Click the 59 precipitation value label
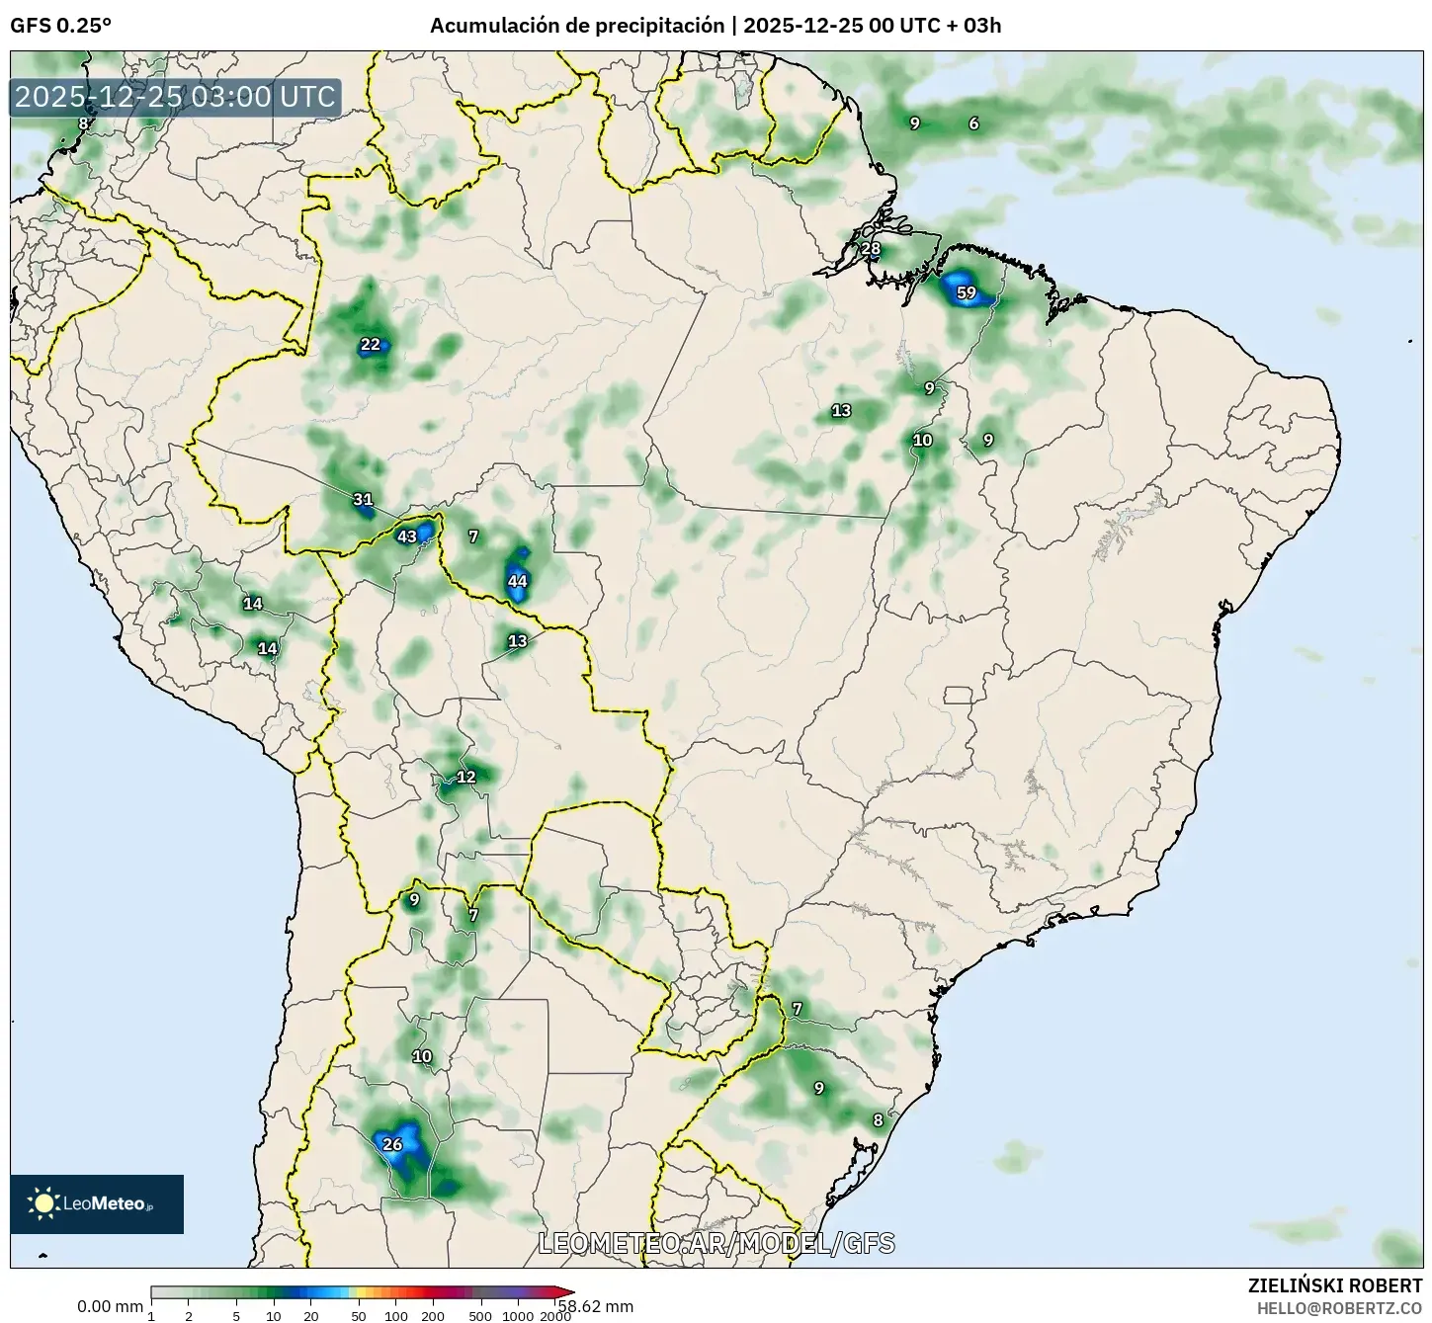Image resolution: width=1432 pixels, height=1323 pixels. tap(967, 292)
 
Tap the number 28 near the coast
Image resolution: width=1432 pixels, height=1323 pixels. tap(871, 248)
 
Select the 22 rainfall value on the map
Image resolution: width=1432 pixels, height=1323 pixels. tap(370, 345)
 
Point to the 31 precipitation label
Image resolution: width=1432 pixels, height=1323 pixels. tap(363, 500)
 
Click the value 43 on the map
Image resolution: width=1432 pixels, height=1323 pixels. tap(407, 537)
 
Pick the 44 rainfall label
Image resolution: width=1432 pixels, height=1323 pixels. tap(517, 581)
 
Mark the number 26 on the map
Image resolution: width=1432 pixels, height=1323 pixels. tap(392, 1144)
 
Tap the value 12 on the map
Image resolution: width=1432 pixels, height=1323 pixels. tap(466, 777)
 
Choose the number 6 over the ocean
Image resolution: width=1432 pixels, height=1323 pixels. tap(973, 124)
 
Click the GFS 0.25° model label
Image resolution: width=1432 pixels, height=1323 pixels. tap(60, 27)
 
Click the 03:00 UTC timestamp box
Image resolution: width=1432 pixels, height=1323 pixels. tap(176, 97)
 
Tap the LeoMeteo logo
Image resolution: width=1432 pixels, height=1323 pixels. tap(97, 1203)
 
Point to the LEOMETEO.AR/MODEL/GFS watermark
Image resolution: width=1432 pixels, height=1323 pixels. tap(716, 1243)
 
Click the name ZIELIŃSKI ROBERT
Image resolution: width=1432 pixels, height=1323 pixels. tap(1335, 1286)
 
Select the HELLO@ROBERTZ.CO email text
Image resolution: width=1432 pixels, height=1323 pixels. tap(1339, 1307)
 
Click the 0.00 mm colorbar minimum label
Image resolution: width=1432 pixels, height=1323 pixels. tap(110, 1306)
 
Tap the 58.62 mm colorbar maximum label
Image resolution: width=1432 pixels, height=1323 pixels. tap(596, 1306)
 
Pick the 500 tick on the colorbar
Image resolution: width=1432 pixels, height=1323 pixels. tap(480, 1316)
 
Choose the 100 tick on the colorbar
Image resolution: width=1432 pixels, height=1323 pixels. tap(395, 1316)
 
